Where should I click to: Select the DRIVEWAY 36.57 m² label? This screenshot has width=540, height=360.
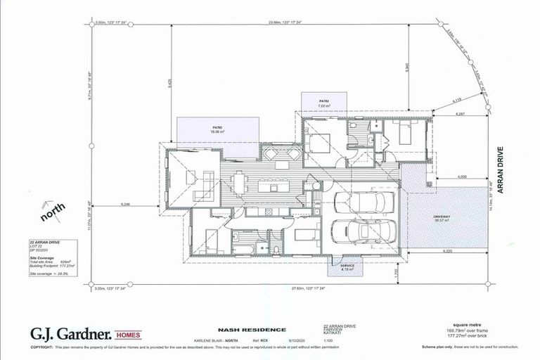click(442, 220)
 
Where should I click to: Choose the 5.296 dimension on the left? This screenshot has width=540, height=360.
click(126, 204)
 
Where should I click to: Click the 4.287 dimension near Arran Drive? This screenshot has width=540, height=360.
click(461, 113)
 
